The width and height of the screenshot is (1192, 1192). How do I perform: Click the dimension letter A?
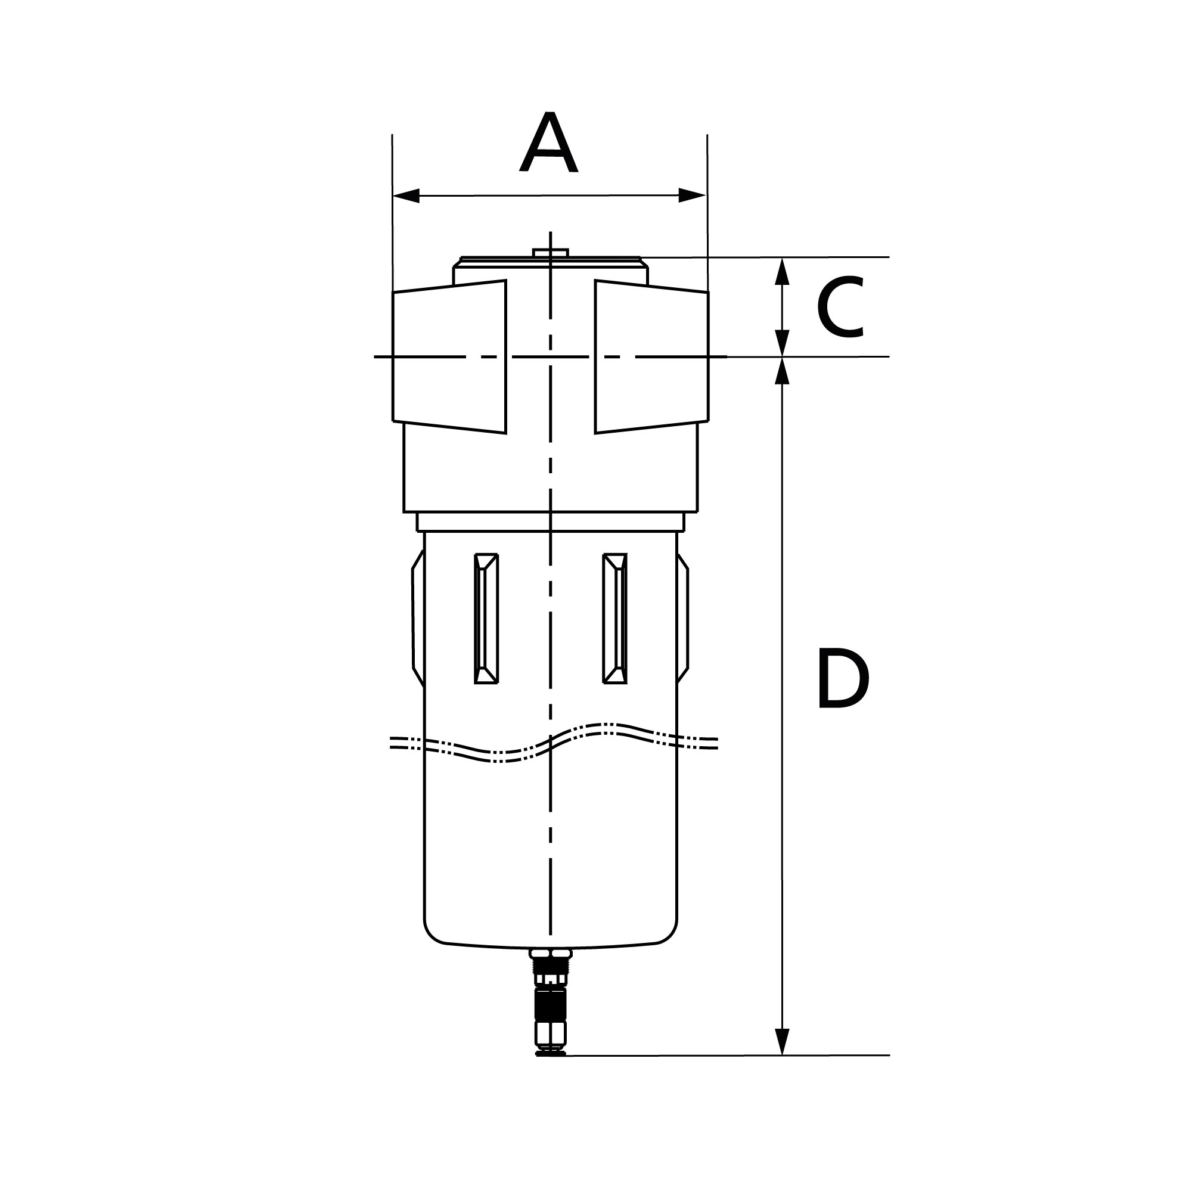pyautogui.click(x=548, y=142)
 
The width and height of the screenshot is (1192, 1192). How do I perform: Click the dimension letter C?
pyautogui.click(x=840, y=309)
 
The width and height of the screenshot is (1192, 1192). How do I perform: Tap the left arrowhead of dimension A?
pyautogui.click(x=406, y=195)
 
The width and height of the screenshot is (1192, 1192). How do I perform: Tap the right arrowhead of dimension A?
pyautogui.click(x=691, y=195)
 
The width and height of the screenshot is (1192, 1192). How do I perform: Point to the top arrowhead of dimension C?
pyautogui.click(x=783, y=271)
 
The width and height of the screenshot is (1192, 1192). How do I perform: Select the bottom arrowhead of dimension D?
pyautogui.click(x=783, y=1041)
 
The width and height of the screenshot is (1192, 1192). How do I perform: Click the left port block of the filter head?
pyautogui.click(x=450, y=356)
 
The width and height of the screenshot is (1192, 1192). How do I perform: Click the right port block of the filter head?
pyautogui.click(x=651, y=356)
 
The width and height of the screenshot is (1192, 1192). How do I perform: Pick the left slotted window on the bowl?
pyautogui.click(x=486, y=618)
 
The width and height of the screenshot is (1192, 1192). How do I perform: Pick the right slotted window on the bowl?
pyautogui.click(x=615, y=618)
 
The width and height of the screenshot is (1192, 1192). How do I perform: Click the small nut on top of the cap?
pyautogui.click(x=551, y=252)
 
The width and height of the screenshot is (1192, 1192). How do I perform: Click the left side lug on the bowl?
pyautogui.click(x=418, y=618)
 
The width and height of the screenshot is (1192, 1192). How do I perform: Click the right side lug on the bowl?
pyautogui.click(x=682, y=618)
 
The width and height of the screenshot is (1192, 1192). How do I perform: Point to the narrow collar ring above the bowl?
pyautogui.click(x=551, y=522)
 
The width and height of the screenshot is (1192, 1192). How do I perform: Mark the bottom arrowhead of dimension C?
pyautogui.click(x=783, y=343)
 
